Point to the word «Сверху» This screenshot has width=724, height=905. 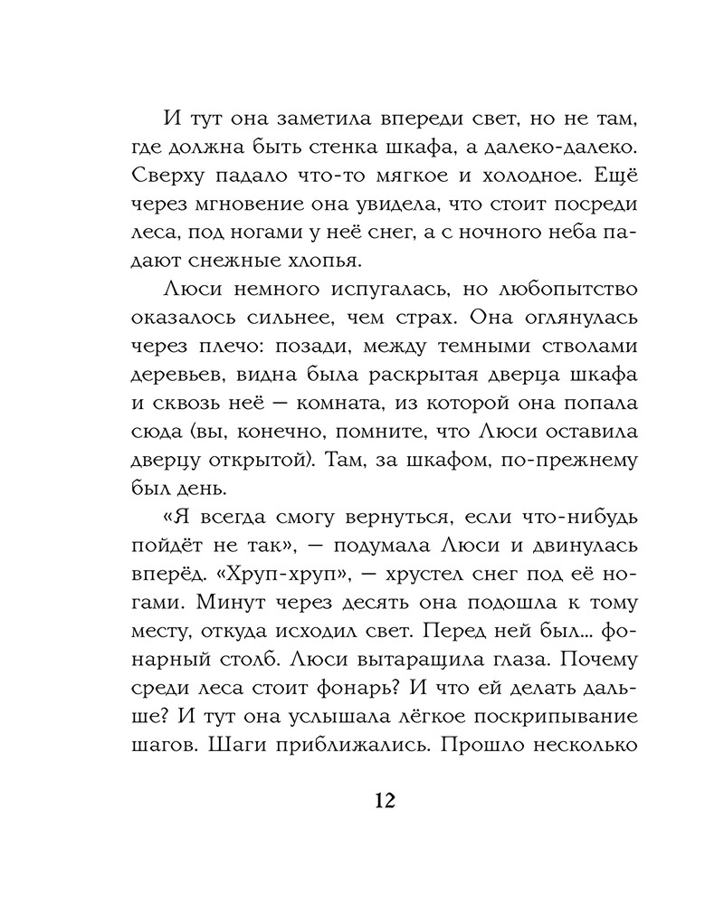tap(181, 178)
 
